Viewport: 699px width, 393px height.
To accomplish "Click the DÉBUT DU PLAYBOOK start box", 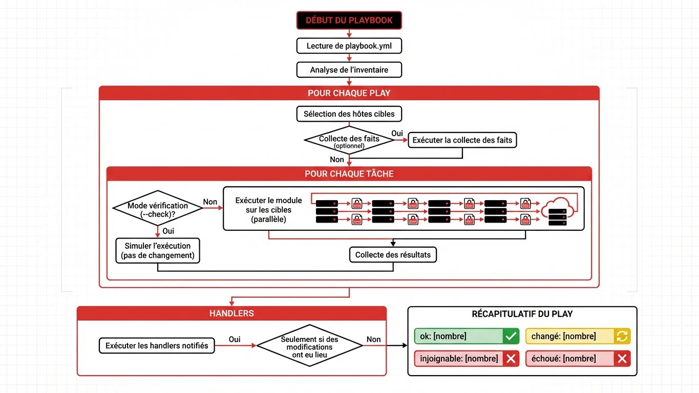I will point(349,20).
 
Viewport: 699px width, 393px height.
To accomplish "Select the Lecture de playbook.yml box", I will point(349,46).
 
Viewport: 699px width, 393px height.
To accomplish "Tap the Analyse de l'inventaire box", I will point(349,70).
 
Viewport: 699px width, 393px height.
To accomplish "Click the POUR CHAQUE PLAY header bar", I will point(349,93).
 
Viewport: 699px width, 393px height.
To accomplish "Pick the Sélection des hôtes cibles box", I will point(349,114).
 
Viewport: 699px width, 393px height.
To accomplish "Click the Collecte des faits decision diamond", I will point(349,140).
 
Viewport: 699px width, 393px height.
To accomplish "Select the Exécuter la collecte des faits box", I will point(462,140).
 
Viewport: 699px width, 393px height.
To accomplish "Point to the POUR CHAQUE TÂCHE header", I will point(349,174).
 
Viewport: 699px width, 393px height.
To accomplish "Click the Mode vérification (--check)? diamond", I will point(157,209).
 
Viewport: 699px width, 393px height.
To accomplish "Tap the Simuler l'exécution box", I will point(158,250).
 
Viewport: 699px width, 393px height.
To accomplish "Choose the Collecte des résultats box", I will point(393,254).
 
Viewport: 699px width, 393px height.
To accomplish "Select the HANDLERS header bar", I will point(231,313).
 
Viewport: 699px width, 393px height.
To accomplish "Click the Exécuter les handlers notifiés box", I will point(157,345).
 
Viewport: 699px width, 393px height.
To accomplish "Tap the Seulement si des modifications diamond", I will point(309,345).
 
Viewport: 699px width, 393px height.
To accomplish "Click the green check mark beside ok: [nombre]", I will point(511,336).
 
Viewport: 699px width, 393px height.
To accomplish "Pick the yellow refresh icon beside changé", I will point(622,336).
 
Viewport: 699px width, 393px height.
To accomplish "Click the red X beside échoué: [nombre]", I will point(622,359).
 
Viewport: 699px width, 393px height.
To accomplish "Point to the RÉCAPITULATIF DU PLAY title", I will point(522,314).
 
